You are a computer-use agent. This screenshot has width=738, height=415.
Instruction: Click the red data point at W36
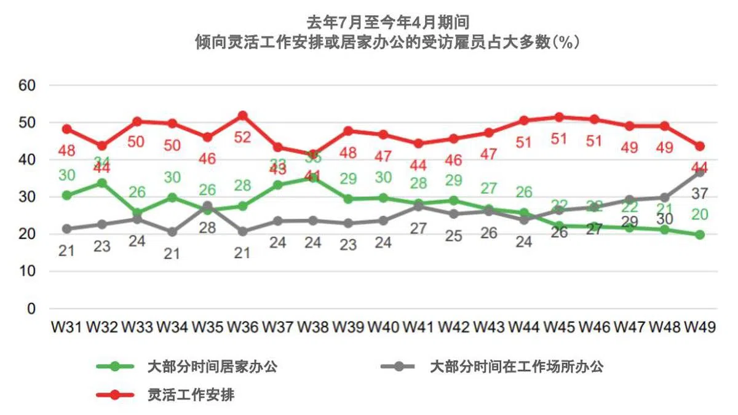tap(242, 116)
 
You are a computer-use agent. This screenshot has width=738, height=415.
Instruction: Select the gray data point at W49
tap(700, 173)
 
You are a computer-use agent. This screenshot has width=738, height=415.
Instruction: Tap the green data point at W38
tap(313, 178)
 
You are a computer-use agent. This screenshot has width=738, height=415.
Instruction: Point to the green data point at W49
tap(700, 235)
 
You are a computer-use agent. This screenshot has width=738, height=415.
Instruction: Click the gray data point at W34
tap(172, 232)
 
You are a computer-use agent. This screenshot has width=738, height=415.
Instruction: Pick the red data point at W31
tap(67, 129)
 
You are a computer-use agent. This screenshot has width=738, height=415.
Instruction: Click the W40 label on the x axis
tap(383, 327)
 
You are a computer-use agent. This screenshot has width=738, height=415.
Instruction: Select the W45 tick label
tap(559, 327)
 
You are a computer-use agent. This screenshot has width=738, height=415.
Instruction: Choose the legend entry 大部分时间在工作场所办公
tap(516, 367)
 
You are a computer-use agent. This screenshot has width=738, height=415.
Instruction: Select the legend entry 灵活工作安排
tap(191, 395)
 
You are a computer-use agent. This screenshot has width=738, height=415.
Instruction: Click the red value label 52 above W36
tap(242, 137)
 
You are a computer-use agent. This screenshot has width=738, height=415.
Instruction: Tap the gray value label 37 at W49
tap(700, 194)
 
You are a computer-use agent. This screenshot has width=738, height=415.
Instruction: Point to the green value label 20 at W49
tap(700, 215)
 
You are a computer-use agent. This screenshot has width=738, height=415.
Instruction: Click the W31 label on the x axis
tap(67, 327)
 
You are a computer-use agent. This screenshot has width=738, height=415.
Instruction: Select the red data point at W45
tap(559, 117)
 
